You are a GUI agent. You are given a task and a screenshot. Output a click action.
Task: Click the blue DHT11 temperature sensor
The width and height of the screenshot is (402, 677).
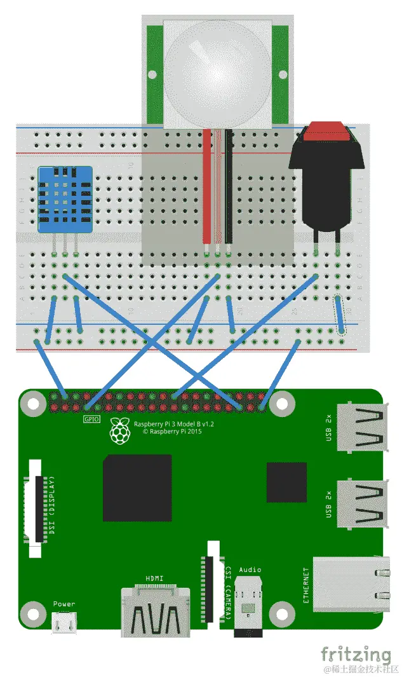pos(65,198)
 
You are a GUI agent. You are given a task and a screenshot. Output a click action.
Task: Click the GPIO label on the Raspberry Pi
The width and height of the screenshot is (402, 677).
pos(91,420)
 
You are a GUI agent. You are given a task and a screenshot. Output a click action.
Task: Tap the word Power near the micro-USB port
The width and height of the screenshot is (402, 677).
pos(64,605)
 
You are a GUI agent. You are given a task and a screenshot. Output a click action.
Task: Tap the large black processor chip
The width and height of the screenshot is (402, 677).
pos(137,488)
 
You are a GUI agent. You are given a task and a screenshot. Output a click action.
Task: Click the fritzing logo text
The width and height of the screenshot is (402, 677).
pos(356,654)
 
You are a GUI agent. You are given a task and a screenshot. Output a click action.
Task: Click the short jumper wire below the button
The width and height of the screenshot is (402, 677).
pos(340,315)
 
